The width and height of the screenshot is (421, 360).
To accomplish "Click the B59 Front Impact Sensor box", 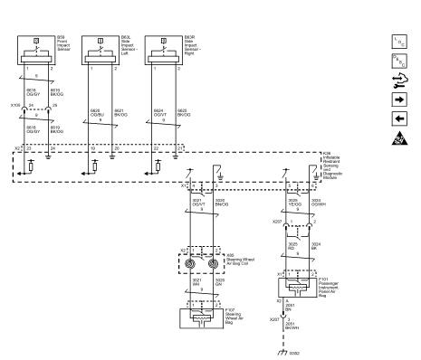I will tap(36, 52).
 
